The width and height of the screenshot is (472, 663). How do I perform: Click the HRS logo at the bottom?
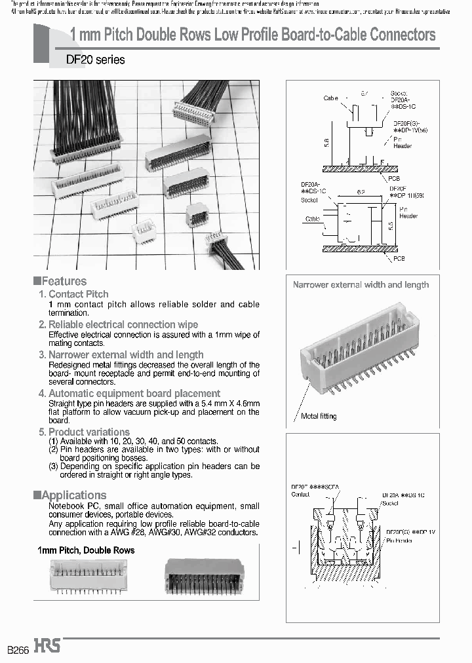click(47, 645)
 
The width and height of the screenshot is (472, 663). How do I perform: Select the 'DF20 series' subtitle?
click(95, 60)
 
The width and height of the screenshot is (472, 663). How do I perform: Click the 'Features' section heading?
click(64, 281)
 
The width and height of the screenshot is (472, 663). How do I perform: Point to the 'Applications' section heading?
click(73, 495)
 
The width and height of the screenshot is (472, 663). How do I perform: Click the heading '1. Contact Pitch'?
click(73, 294)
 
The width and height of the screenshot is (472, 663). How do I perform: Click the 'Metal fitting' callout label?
click(319, 416)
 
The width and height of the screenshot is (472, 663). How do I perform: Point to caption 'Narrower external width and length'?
click(361, 285)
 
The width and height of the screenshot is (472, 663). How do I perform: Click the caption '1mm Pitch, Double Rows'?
click(86, 550)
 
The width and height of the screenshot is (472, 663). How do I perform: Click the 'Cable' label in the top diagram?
click(330, 98)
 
